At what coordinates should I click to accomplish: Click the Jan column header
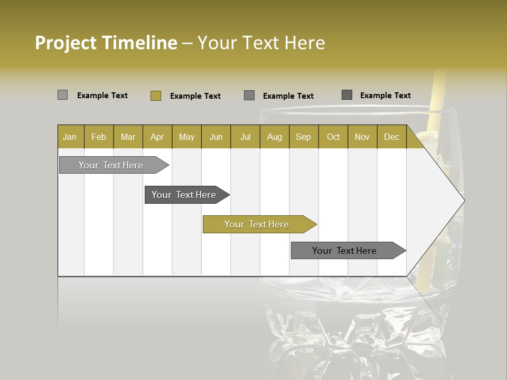click(70, 137)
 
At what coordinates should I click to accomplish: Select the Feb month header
click(99, 137)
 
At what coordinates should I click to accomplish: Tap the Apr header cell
click(157, 137)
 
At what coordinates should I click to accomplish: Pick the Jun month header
click(216, 137)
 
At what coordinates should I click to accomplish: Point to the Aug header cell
click(274, 137)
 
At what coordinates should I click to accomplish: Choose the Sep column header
click(303, 137)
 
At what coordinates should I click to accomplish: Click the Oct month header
click(333, 137)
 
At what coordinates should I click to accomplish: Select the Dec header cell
click(391, 137)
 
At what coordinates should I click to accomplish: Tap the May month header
click(186, 137)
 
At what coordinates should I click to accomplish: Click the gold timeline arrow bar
click(257, 224)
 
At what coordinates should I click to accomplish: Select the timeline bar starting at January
click(111, 165)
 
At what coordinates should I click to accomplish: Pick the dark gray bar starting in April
click(184, 195)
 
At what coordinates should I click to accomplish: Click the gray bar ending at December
click(345, 251)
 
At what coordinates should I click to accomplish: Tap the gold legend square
click(156, 96)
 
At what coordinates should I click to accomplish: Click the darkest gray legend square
click(347, 95)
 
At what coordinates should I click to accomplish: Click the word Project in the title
click(65, 43)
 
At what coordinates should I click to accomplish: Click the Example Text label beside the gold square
click(195, 96)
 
